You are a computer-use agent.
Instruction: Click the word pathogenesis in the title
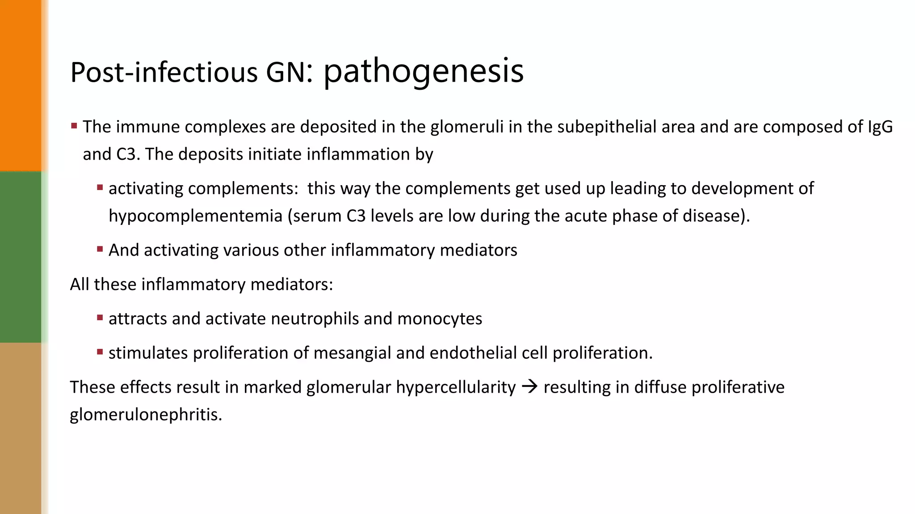click(x=423, y=71)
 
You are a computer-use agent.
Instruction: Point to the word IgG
click(x=880, y=127)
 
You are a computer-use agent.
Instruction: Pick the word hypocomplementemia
click(x=196, y=216)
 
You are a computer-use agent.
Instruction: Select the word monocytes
click(x=440, y=319)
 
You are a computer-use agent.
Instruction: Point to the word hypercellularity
click(x=456, y=387)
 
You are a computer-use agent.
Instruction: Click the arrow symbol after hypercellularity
click(x=529, y=387)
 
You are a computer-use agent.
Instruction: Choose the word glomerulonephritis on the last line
click(x=146, y=415)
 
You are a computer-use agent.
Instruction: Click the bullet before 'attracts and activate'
click(x=100, y=318)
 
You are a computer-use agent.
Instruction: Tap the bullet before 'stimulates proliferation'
click(x=100, y=352)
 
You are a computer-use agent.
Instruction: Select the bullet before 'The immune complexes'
click(x=74, y=126)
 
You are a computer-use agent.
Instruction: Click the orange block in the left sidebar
click(x=21, y=85)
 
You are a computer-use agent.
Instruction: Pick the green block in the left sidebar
click(x=21, y=257)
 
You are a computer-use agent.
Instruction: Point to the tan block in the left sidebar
click(x=21, y=428)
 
